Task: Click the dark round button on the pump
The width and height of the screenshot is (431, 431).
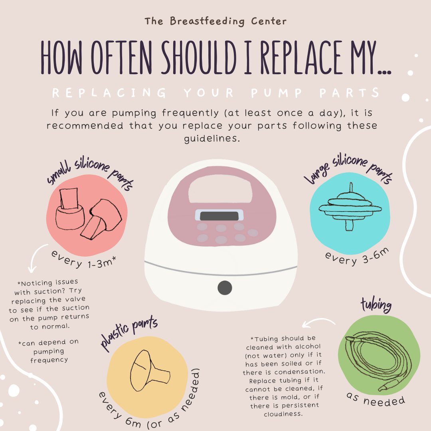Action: click(225, 287)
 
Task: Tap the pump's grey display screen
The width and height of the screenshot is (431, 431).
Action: click(219, 216)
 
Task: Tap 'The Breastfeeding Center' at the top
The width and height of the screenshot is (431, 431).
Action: click(215, 21)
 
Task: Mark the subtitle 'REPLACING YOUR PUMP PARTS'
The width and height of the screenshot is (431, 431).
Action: click(215, 93)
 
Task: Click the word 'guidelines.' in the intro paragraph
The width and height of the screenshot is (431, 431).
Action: click(215, 140)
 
